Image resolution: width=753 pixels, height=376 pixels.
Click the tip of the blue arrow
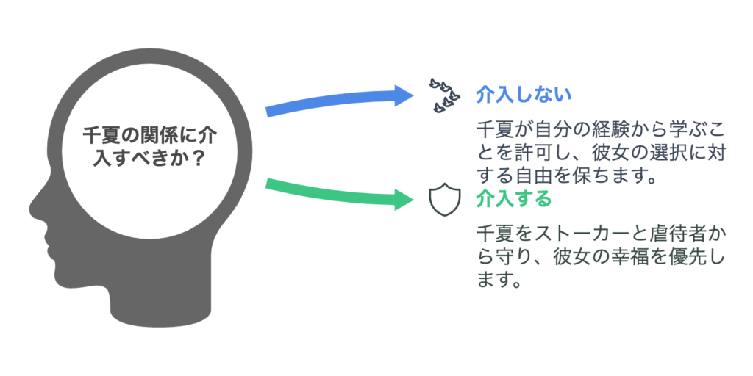point(413,95)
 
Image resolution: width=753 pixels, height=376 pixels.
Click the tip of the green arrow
point(413,199)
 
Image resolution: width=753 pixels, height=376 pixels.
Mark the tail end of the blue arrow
point(267,112)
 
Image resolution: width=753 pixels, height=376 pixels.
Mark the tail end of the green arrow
point(267,183)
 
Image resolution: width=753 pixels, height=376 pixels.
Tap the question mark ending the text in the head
point(194,160)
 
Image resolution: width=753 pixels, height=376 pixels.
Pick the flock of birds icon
point(444,95)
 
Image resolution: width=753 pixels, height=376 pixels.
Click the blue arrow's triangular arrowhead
point(404,95)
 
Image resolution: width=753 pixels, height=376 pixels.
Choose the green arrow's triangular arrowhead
point(404,199)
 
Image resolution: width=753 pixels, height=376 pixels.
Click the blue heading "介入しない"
point(524,95)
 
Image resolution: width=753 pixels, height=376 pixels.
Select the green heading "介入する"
point(513,199)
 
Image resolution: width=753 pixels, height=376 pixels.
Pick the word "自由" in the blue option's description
point(531,176)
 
